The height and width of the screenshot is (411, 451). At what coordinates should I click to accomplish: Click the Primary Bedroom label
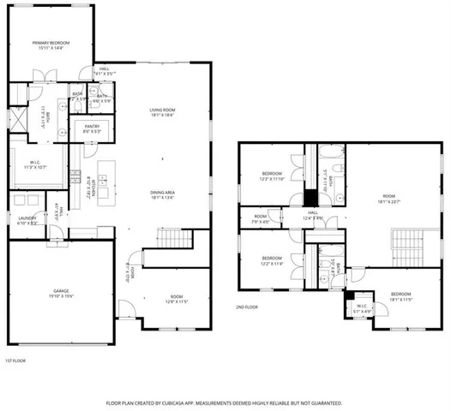(x=51, y=45)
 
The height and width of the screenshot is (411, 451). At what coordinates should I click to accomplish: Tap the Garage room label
(x=60, y=292)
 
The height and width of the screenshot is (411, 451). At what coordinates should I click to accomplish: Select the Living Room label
(x=162, y=112)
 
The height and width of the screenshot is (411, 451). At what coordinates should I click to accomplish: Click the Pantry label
(x=91, y=128)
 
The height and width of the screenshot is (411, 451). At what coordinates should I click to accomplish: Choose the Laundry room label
(x=26, y=220)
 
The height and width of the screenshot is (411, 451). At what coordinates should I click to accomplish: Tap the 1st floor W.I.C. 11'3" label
(x=36, y=163)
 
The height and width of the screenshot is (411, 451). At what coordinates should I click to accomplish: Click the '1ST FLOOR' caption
(x=16, y=360)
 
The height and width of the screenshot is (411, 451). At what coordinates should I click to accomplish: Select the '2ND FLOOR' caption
(x=247, y=307)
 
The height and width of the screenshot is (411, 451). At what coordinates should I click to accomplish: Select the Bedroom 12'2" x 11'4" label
(x=272, y=260)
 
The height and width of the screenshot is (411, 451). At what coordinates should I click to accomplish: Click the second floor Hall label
(x=312, y=215)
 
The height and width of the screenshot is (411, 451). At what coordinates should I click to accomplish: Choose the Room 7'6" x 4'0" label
(x=261, y=218)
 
